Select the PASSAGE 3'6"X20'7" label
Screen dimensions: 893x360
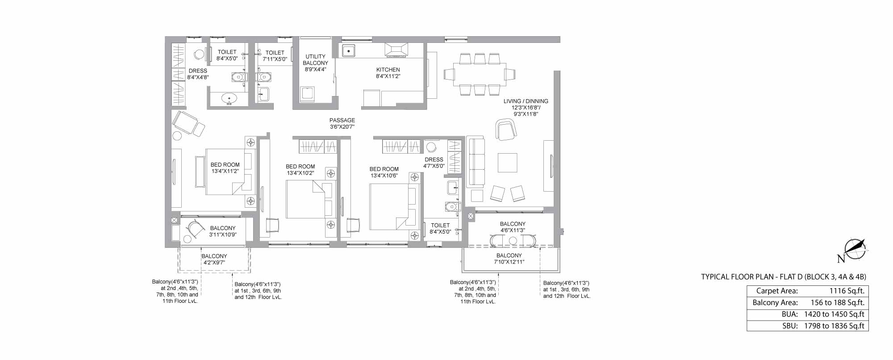click(x=342, y=123)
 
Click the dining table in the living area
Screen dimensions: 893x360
click(x=480, y=74)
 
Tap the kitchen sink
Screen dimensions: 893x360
click(x=348, y=51)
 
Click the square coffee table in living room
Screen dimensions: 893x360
click(x=508, y=163)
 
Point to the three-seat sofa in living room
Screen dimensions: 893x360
click(x=476, y=163)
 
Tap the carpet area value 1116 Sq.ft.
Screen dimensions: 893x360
click(x=847, y=291)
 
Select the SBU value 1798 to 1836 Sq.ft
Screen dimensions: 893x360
click(x=834, y=326)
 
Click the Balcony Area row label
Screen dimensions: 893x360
click(x=775, y=302)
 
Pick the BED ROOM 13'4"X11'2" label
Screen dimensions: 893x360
click(x=225, y=168)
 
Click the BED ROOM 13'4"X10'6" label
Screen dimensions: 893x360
click(x=384, y=172)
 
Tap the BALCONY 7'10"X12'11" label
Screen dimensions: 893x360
click(x=509, y=259)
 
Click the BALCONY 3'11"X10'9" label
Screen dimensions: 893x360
click(x=223, y=231)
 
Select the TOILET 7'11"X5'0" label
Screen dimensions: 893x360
click(x=275, y=56)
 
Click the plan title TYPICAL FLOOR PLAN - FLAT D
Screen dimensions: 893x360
click(x=751, y=277)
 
